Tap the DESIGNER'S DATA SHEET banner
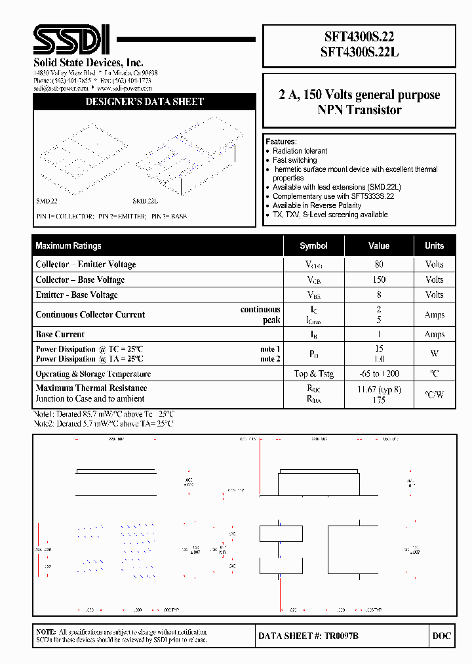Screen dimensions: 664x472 (x=144, y=102)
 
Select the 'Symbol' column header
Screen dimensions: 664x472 (x=313, y=246)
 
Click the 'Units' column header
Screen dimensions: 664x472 (x=434, y=246)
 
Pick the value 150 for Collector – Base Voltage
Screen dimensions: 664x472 (x=379, y=280)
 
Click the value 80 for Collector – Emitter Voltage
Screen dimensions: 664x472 (x=379, y=264)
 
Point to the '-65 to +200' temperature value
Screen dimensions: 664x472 (x=379, y=374)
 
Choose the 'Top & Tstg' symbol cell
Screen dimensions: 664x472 (x=313, y=374)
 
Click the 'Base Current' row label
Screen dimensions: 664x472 (x=60, y=335)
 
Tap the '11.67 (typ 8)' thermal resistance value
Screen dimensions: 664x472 (x=379, y=389)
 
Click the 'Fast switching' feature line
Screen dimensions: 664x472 (x=294, y=160)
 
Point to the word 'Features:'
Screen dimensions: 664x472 (x=281, y=142)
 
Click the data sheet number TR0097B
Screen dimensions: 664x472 (x=308, y=636)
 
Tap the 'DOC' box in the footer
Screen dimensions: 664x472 (x=442, y=636)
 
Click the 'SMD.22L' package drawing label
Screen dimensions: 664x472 (x=145, y=201)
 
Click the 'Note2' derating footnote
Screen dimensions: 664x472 (x=104, y=424)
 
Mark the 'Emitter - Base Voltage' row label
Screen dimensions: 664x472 (x=77, y=295)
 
